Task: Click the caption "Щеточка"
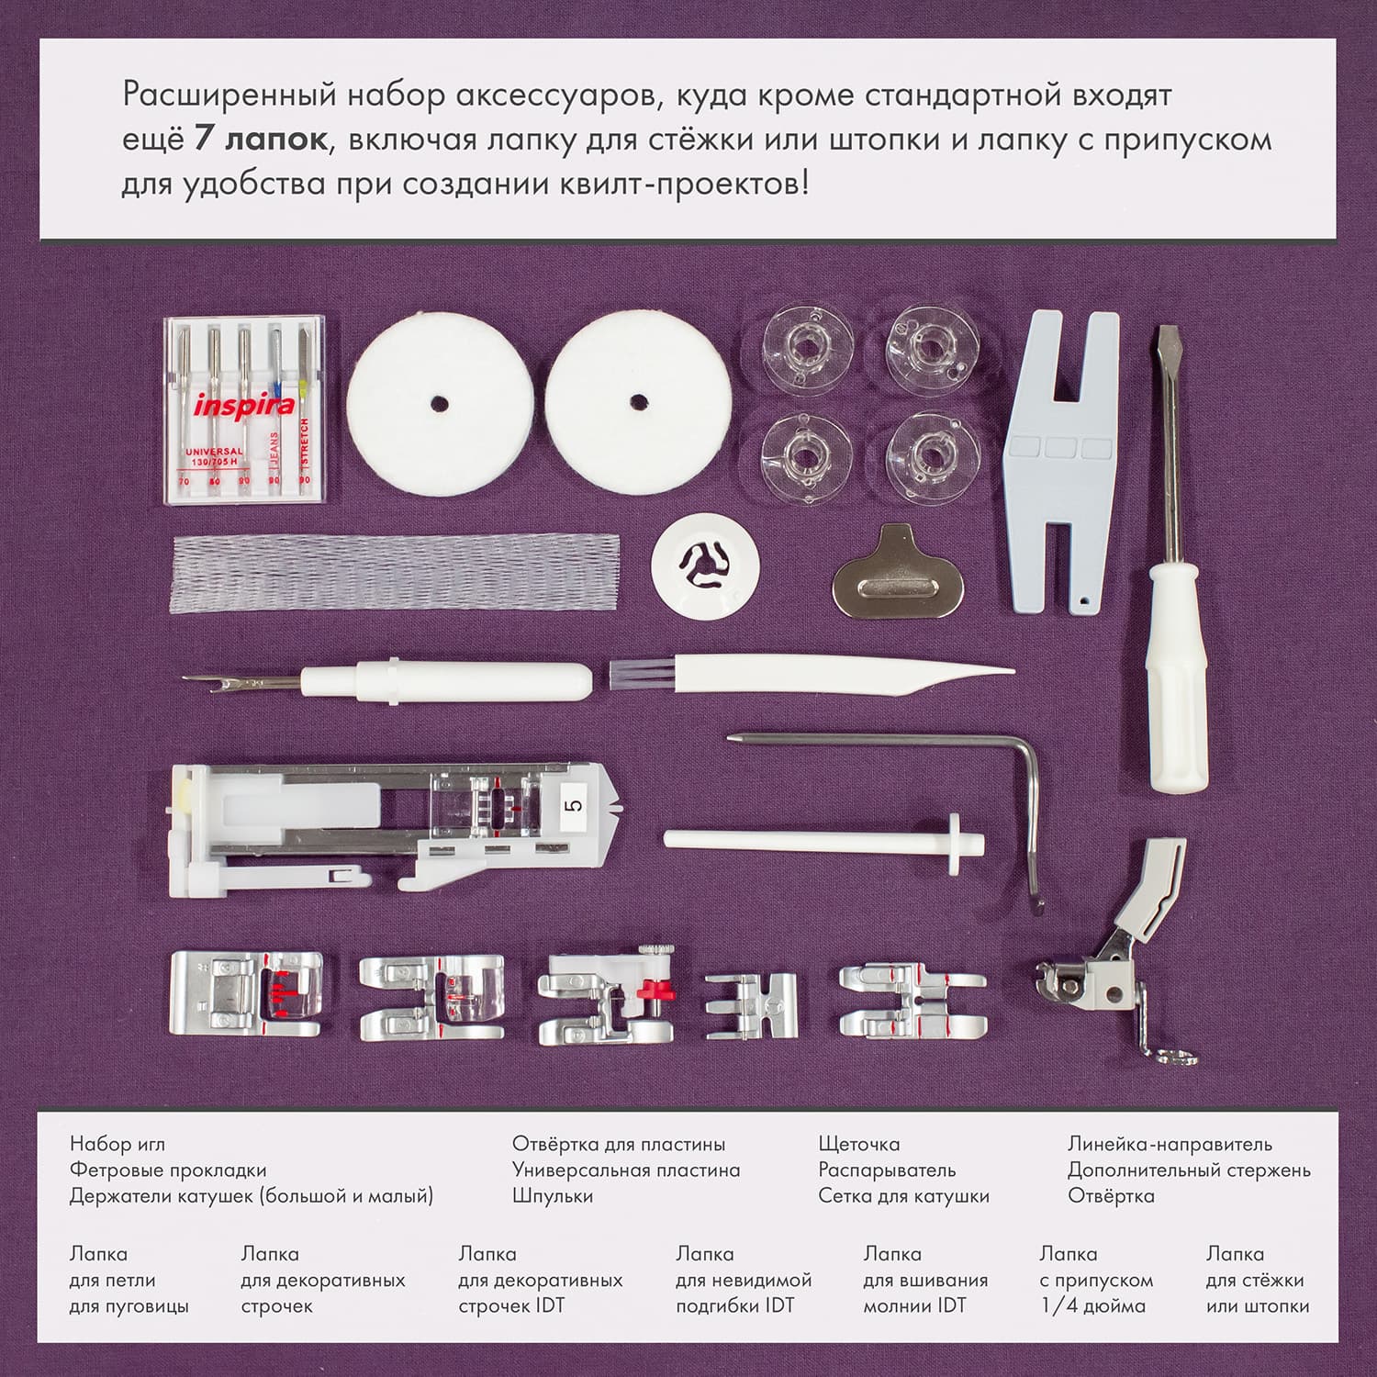click(x=859, y=1145)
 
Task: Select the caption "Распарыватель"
click(x=887, y=1171)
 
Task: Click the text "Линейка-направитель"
click(x=1170, y=1144)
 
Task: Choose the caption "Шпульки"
click(x=553, y=1196)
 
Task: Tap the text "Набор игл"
click(x=117, y=1145)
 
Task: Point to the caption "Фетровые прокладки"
click(x=168, y=1170)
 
